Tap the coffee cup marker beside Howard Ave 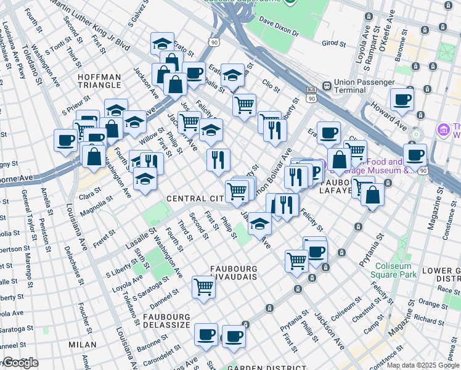click(402, 99)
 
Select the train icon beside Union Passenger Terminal click(326, 82)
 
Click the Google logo click(20, 363)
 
